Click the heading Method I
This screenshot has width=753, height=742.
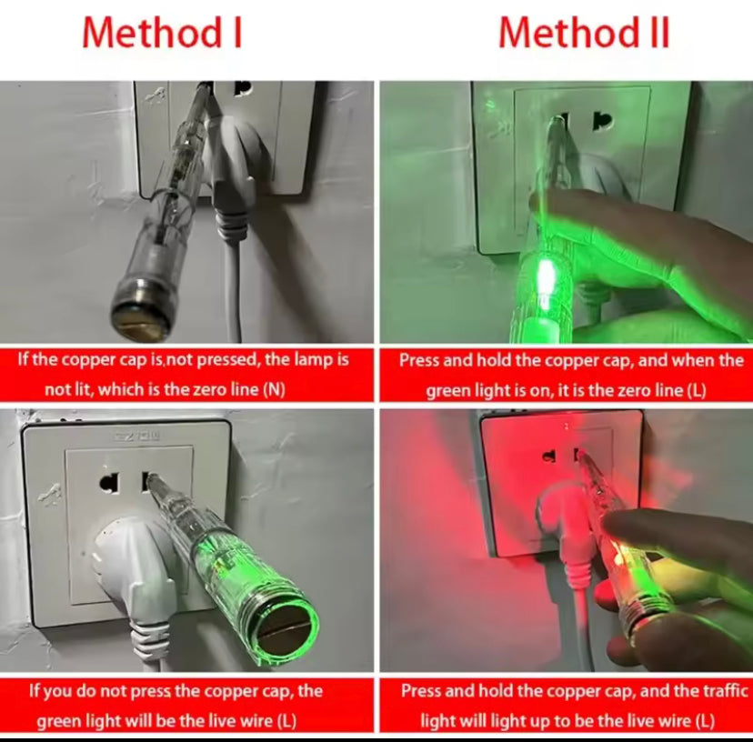pos(162,33)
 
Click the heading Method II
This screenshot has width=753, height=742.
pos(584,33)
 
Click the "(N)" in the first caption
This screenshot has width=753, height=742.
pos(275,389)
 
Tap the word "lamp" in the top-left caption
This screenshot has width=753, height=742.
pos(306,359)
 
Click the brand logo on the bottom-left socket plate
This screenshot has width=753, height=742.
pos(136,436)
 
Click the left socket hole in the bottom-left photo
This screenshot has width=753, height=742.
pos(110,483)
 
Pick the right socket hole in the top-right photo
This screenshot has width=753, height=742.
pos(602,121)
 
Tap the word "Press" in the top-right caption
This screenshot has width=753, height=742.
pos(418,360)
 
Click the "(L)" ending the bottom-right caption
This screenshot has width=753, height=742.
pos(705,721)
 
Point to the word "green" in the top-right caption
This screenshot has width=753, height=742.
pos(448,391)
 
